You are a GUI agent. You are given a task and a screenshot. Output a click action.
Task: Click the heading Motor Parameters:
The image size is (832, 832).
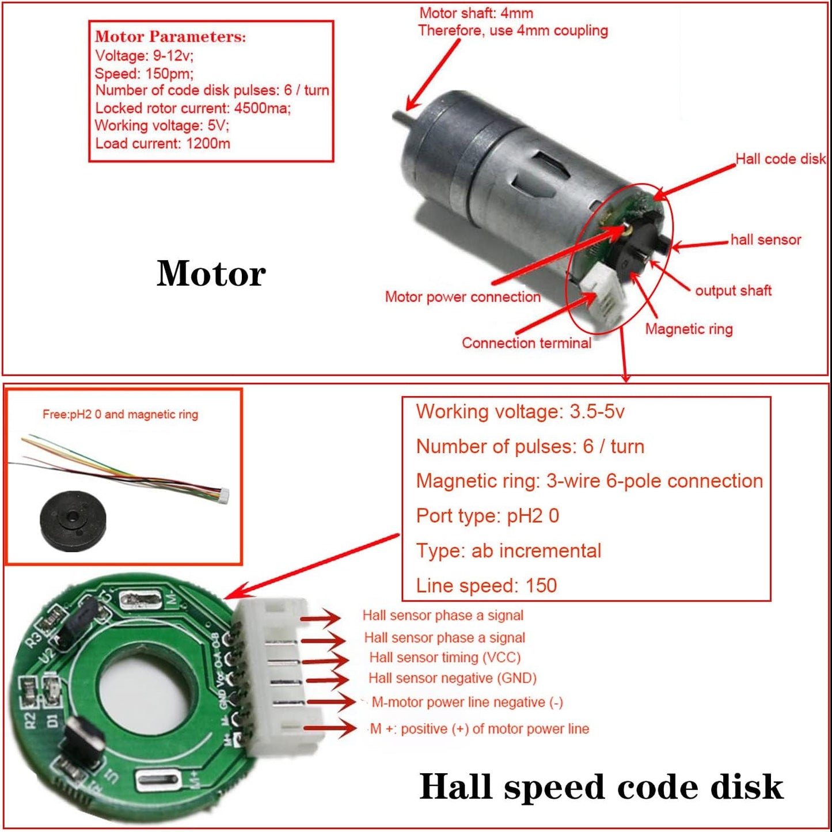170,37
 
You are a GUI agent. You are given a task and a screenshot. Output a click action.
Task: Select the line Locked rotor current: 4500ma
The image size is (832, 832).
193,108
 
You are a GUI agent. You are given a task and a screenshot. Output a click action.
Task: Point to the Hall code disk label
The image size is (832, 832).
780,159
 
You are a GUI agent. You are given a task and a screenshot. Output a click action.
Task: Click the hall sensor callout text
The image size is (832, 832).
765,240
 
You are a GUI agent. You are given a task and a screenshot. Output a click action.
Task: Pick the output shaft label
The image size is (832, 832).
733,291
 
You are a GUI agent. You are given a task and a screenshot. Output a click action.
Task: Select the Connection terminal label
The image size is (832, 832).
526,343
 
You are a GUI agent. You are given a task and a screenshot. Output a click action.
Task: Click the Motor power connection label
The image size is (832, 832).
462,297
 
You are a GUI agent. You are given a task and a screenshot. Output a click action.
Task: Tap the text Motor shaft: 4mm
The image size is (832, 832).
476,13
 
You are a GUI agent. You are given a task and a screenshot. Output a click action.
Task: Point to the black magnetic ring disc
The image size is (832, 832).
73,521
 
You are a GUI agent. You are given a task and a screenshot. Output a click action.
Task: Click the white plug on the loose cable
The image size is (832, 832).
223,495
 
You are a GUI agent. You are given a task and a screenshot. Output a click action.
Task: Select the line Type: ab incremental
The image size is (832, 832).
508,551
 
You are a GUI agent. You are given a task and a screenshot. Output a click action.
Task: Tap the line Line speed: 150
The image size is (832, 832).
487,586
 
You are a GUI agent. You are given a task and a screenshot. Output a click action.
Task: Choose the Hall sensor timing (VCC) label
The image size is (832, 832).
445,658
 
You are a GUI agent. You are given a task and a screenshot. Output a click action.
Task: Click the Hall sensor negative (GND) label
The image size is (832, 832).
452,678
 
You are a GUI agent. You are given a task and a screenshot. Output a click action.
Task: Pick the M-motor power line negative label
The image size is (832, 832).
467,702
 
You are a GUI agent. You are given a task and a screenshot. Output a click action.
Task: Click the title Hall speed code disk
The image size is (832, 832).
601,787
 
